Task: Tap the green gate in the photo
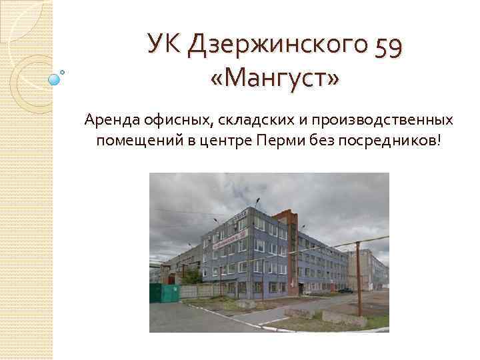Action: (163, 293)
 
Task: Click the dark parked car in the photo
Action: (346, 291)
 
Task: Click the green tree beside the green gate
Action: (190, 277)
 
